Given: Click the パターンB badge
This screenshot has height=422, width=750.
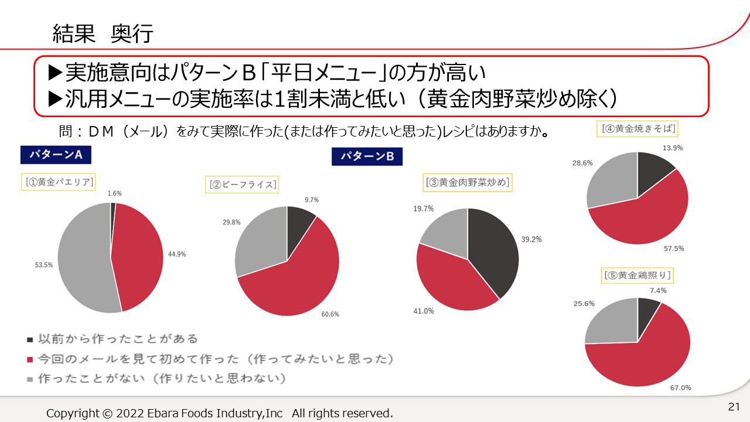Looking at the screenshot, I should click(367, 156).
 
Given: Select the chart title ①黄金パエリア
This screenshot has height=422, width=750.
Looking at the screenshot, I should click(59, 182).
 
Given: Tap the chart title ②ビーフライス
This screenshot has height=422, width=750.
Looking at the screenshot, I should click(242, 185).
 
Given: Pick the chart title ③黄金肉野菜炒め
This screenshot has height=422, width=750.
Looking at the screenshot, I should click(468, 182).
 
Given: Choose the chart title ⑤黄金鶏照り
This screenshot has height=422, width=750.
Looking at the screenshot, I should click(637, 275).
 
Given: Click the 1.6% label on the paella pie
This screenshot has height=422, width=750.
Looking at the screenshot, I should click(115, 193).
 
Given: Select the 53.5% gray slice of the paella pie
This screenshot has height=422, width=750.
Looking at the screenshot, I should click(82, 258).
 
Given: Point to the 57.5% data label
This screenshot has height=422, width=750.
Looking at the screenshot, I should click(674, 249).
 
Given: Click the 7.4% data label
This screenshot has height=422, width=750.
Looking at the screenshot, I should click(658, 290).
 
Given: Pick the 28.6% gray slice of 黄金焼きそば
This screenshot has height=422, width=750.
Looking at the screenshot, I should click(609, 182).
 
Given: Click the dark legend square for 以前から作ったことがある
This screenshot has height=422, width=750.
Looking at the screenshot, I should click(30, 339).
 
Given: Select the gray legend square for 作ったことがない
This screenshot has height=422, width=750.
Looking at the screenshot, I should click(30, 379).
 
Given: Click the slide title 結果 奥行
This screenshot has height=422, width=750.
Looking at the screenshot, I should click(103, 34).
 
